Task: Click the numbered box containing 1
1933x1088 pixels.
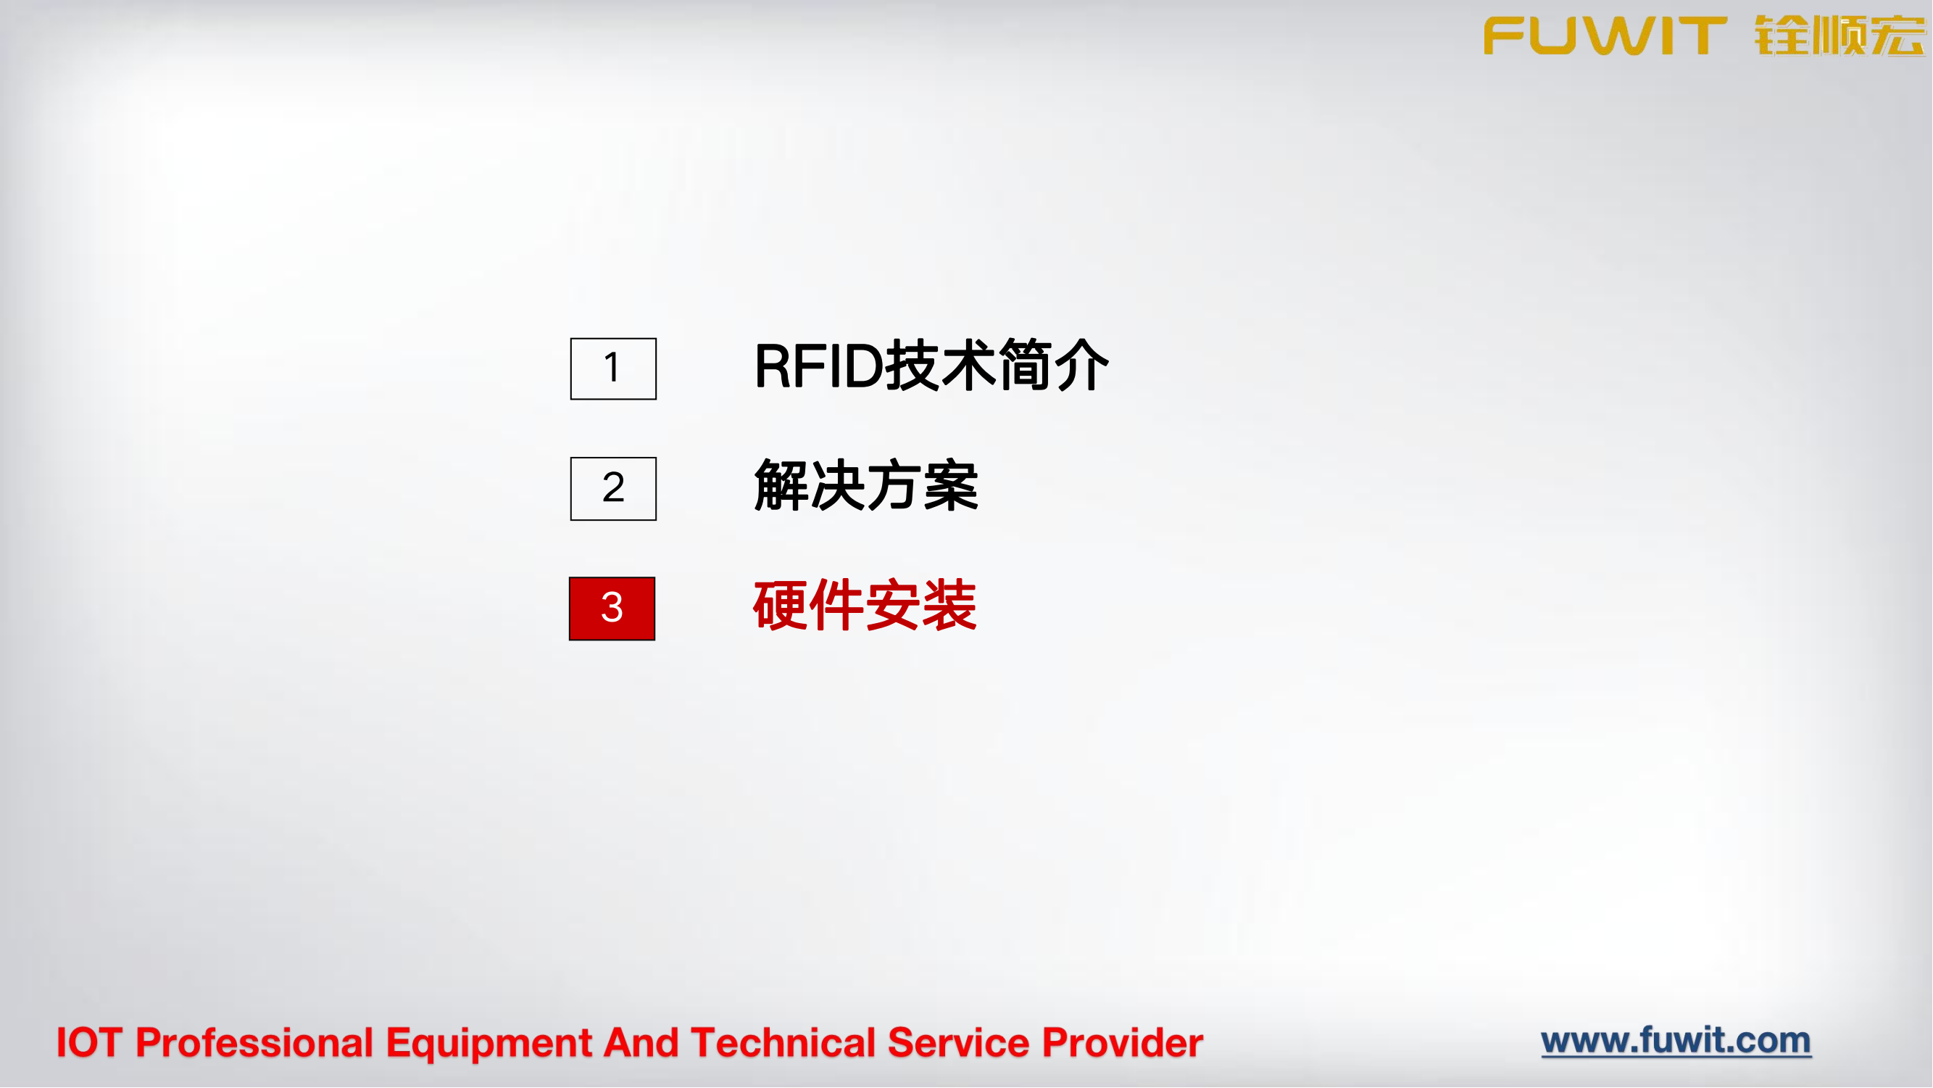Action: pyautogui.click(x=613, y=368)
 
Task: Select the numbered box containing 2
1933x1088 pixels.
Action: pyautogui.click(x=613, y=488)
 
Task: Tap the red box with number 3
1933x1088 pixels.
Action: pyautogui.click(x=612, y=609)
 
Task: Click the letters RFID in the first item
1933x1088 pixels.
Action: pyautogui.click(x=819, y=366)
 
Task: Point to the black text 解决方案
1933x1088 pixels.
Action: pyautogui.click(x=866, y=487)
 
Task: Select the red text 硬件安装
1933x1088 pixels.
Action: pyautogui.click(x=865, y=606)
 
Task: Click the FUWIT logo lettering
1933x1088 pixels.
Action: pyautogui.click(x=1605, y=36)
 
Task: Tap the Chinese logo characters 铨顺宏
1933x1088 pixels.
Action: pyautogui.click(x=1840, y=36)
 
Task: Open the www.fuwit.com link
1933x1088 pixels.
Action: pyautogui.click(x=1676, y=1041)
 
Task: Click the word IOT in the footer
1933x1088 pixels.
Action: pyautogui.click(x=89, y=1043)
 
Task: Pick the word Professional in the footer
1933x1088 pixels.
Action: pyautogui.click(x=254, y=1043)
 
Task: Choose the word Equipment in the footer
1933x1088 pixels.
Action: pyautogui.click(x=489, y=1043)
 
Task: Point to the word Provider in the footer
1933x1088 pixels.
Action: pyautogui.click(x=1123, y=1043)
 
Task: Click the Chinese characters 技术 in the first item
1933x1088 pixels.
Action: pyautogui.click(x=941, y=366)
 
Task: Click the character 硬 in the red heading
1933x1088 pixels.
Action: pyautogui.click(x=781, y=606)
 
